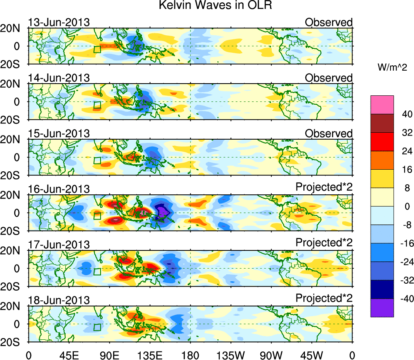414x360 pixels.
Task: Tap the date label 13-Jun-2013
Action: [59, 22]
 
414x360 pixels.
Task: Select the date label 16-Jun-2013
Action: [59, 189]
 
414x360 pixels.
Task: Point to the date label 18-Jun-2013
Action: [59, 300]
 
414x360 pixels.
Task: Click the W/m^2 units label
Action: [393, 68]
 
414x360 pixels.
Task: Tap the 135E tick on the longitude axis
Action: [150, 355]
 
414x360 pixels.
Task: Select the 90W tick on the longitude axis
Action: [271, 355]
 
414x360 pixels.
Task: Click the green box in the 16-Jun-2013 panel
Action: [97, 216]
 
